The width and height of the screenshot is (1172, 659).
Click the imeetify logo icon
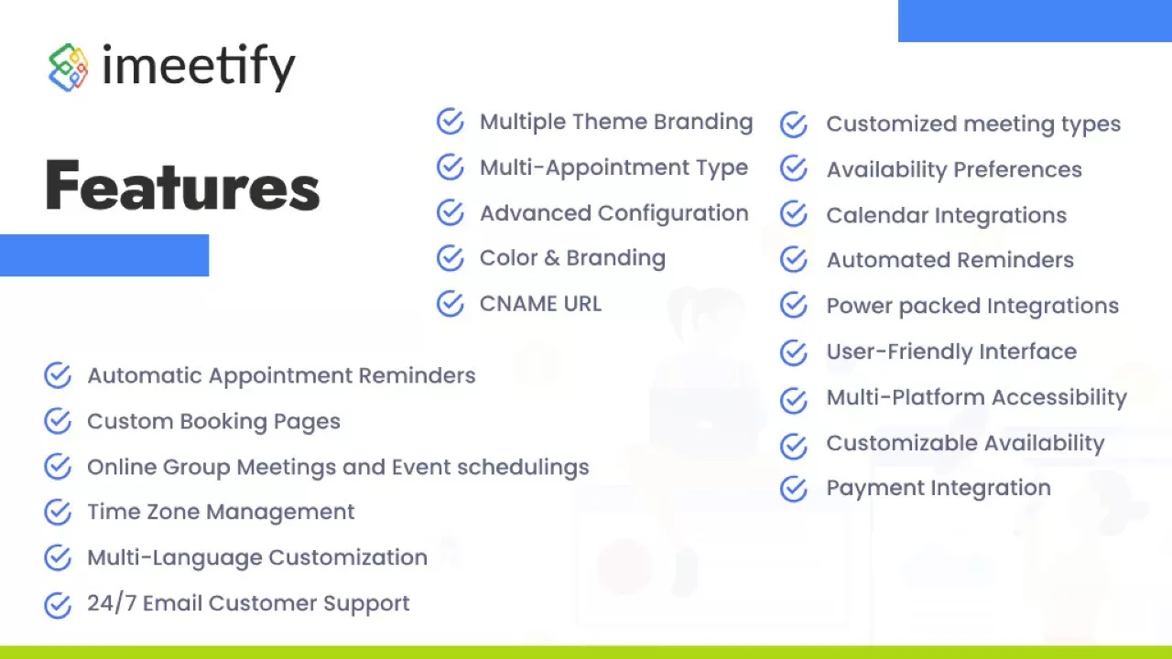tap(68, 68)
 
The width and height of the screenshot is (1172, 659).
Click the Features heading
tap(182, 185)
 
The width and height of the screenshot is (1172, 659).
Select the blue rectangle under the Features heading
tap(104, 255)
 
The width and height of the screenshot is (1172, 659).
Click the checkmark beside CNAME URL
tap(450, 304)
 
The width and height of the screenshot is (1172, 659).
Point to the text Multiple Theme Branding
tap(616, 122)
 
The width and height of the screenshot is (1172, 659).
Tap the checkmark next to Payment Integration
tap(794, 489)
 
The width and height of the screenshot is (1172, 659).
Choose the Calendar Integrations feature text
tap(947, 215)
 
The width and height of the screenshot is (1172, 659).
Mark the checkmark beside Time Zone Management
tap(58, 512)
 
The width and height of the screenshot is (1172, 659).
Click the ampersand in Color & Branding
tap(552, 258)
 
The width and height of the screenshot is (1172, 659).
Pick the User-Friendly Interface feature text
tap(951, 351)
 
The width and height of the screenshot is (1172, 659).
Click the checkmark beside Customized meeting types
tap(794, 124)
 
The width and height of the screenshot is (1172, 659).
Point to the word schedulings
tap(523, 468)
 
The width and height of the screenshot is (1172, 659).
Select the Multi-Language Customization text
tap(257, 558)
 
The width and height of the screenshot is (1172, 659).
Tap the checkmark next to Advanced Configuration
tap(450, 212)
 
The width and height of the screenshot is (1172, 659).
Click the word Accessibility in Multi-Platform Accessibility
tap(1059, 398)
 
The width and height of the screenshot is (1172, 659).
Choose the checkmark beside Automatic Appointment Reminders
tap(58, 375)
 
